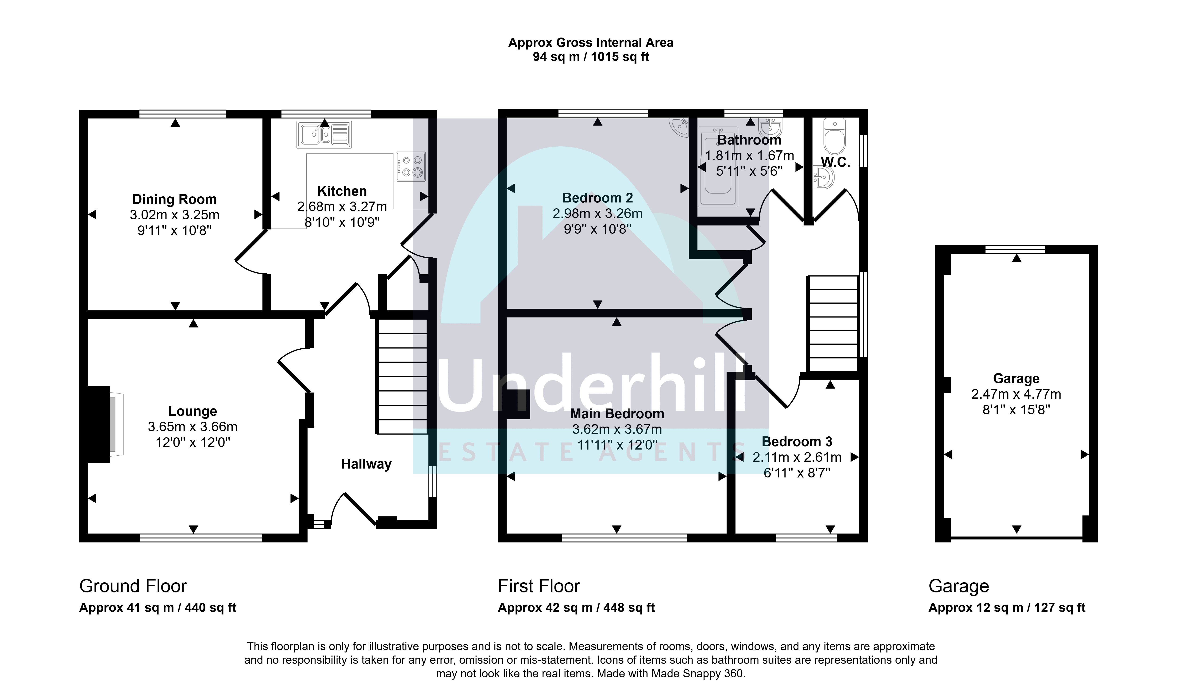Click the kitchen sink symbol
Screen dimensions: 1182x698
pyautogui.click(x=324, y=134)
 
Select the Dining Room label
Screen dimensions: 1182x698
pyautogui.click(x=175, y=199)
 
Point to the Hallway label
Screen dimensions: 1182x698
pyautogui.click(x=366, y=464)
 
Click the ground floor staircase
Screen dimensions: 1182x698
pyautogui.click(x=402, y=376)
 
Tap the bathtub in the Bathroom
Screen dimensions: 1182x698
pyautogui.click(x=718, y=167)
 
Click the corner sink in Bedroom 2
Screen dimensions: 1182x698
pyautogui.click(x=679, y=127)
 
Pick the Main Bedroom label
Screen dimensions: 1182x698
pyautogui.click(x=617, y=414)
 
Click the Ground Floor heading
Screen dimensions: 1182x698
pyautogui.click(x=133, y=586)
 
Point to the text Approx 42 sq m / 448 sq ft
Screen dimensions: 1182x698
pyautogui.click(x=576, y=608)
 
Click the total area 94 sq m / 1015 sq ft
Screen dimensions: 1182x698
pyautogui.click(x=591, y=57)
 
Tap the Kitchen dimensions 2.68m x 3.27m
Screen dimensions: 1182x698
pyautogui.click(x=342, y=206)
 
